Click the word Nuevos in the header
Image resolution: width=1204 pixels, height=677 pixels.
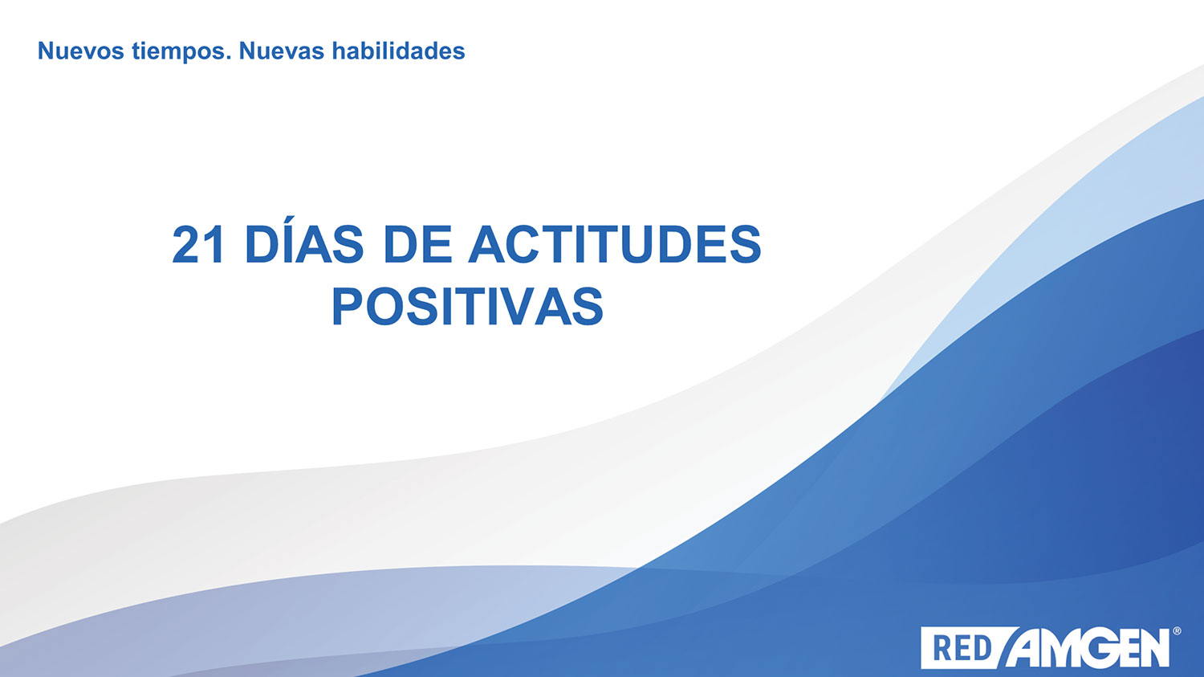[81, 51]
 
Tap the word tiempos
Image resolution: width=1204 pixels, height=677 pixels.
[178, 52]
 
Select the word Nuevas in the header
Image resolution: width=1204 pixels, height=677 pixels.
[282, 51]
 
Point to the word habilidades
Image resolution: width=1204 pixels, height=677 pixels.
[398, 51]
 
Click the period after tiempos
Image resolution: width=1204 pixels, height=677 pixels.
[229, 58]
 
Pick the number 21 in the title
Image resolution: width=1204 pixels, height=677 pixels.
[197, 245]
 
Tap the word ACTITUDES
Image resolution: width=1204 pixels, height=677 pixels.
[615, 244]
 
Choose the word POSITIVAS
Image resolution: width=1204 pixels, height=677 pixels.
[468, 307]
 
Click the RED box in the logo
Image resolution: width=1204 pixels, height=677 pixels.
[963, 648]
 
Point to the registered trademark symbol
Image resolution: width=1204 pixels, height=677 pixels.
[1177, 630]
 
